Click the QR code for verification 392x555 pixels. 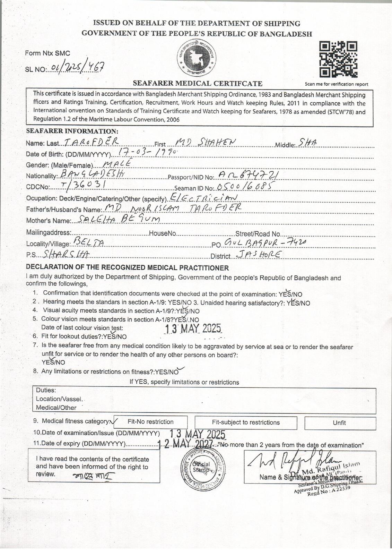(338, 59)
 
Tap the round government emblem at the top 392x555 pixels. (197, 58)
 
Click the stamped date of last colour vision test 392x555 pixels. (193, 328)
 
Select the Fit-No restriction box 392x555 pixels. (150, 422)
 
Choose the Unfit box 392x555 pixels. (340, 423)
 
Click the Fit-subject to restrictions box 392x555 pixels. (246, 422)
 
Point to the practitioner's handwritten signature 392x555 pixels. (291, 461)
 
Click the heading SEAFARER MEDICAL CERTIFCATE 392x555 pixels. (198, 83)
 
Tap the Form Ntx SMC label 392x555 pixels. (47, 53)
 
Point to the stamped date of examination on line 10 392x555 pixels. (198, 434)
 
